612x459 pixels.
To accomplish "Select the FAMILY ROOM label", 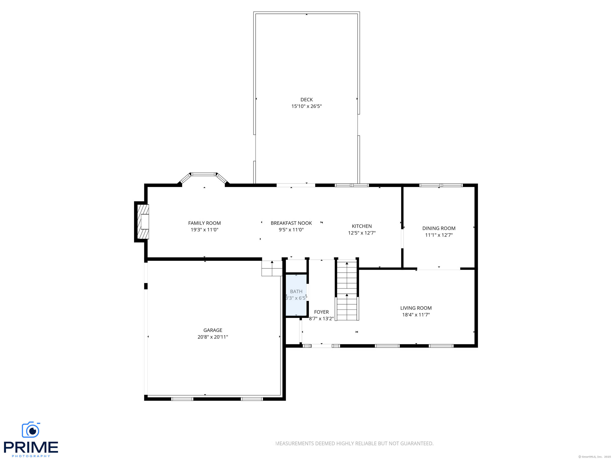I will point(204,223).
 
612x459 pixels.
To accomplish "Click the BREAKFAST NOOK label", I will point(291,223).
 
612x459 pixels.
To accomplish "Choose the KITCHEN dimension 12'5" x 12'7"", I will point(362,233).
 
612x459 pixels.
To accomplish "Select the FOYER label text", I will point(321,312).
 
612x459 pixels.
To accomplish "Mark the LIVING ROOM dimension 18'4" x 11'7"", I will point(416,315).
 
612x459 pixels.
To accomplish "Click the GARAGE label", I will point(213,330).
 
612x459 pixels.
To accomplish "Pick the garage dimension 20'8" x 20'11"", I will point(213,337).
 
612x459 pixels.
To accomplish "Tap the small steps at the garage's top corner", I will point(272,268).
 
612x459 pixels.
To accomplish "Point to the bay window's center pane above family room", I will point(204,174).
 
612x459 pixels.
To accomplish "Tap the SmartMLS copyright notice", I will point(594,457).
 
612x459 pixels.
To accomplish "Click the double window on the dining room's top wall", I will point(441,185).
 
